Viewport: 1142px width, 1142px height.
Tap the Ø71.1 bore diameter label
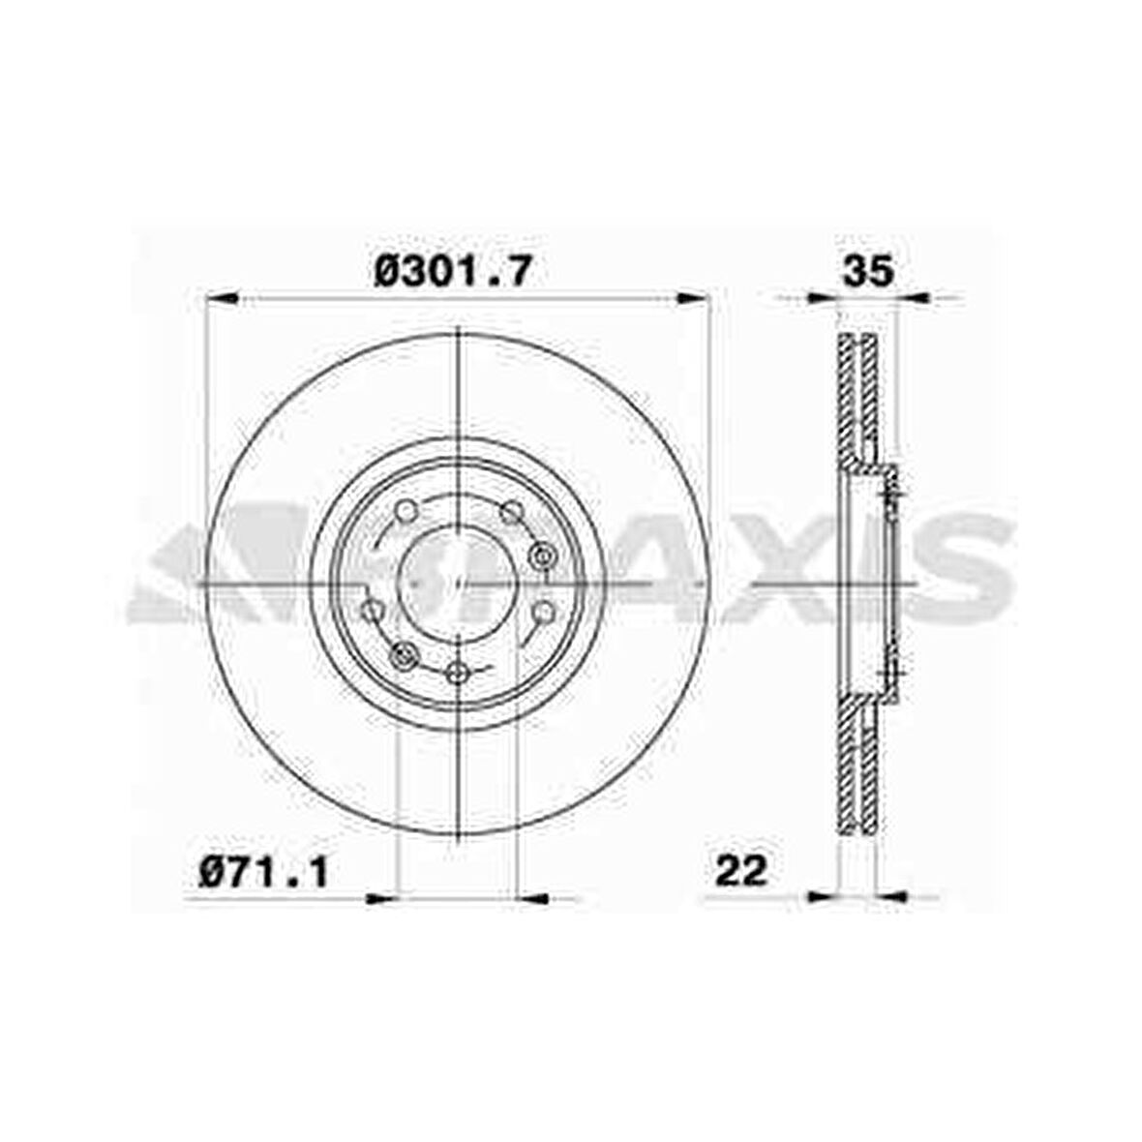(x=264, y=873)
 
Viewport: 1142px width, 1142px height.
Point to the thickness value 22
(x=740, y=871)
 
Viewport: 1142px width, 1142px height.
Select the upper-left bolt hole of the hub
(x=406, y=510)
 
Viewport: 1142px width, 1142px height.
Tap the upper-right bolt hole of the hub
(x=510, y=510)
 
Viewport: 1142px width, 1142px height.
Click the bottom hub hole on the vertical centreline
(x=460, y=673)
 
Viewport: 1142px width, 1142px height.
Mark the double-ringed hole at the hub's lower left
(x=404, y=655)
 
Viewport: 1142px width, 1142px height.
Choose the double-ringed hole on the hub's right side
(x=542, y=555)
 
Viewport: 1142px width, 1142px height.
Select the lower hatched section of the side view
(x=857, y=765)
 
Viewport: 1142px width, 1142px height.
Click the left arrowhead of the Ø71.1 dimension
(x=383, y=899)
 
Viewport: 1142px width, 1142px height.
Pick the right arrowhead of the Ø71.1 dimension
(x=534, y=899)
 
